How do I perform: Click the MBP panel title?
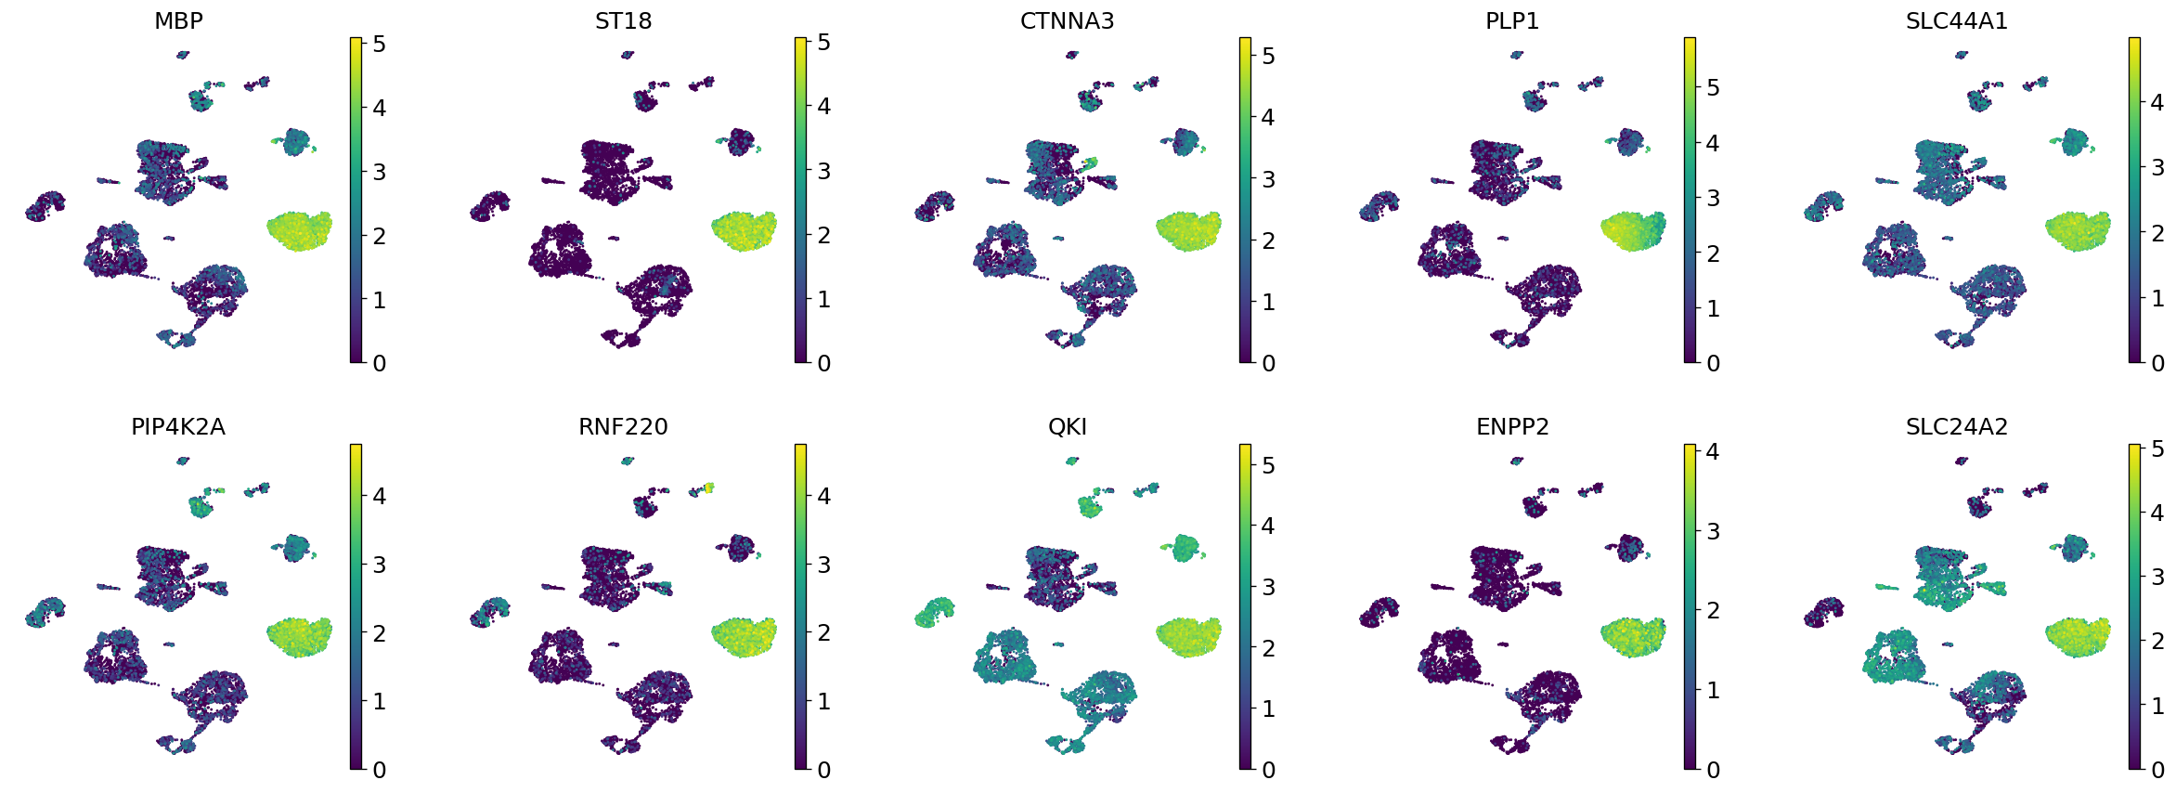(x=178, y=20)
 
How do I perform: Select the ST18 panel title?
(x=623, y=20)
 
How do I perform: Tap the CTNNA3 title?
(x=1067, y=20)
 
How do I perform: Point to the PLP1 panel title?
(x=1511, y=20)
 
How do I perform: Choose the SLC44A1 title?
(x=1956, y=20)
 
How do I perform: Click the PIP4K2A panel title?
(x=178, y=426)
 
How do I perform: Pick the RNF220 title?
(x=623, y=426)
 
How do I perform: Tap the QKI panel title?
(x=1067, y=426)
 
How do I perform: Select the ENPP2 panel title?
(x=1511, y=426)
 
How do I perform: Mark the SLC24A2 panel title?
(x=1956, y=426)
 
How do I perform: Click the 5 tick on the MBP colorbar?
(x=379, y=44)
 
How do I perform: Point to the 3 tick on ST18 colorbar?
(x=823, y=171)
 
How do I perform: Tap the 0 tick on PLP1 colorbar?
(x=1713, y=363)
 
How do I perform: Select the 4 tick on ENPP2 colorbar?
(x=1713, y=451)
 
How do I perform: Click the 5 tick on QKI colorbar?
(x=1268, y=465)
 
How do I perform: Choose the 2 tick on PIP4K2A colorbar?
(x=379, y=633)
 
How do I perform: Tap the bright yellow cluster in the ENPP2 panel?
(x=1633, y=636)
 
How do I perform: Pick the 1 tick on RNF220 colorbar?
(x=823, y=701)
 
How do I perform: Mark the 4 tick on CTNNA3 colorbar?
(x=1268, y=118)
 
